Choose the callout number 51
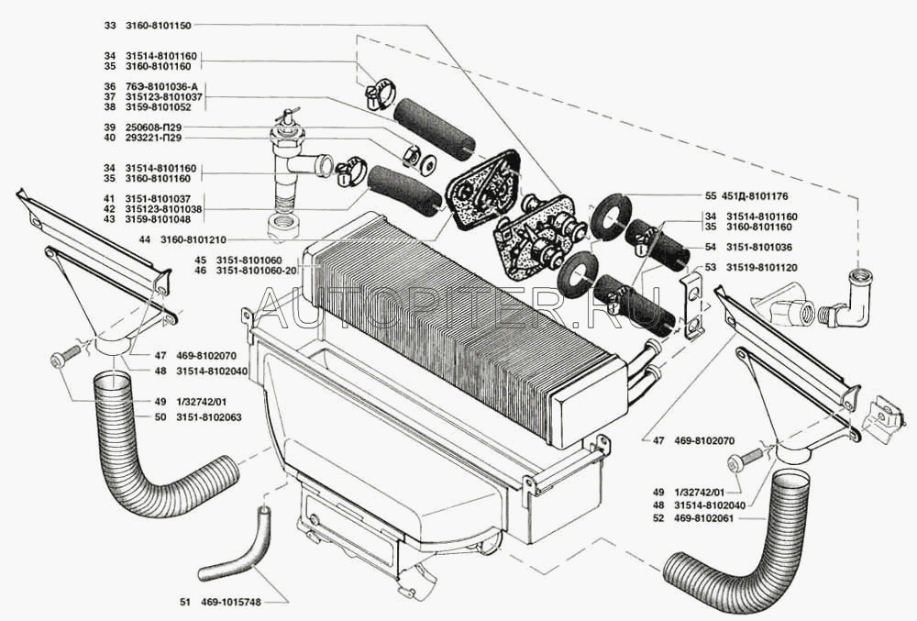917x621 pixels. pos(186,603)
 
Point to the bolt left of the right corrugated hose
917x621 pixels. pos(751,455)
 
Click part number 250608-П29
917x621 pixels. pos(168,127)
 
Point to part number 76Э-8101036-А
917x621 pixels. pos(172,86)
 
